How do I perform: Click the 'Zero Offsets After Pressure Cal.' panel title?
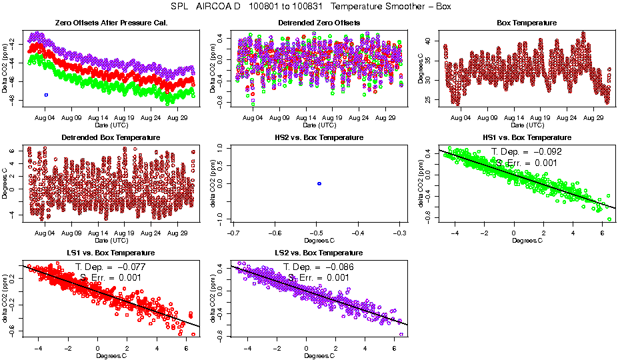[111, 23]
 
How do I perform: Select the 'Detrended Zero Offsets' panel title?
[319, 23]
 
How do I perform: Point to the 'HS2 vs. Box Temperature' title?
[319, 137]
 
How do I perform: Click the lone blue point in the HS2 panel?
[319, 183]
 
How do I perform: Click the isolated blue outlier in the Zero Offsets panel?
[46, 95]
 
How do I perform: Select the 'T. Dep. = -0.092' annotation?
[526, 152]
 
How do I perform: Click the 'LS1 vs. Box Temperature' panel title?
[111, 253]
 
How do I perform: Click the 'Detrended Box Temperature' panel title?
[111, 137]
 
